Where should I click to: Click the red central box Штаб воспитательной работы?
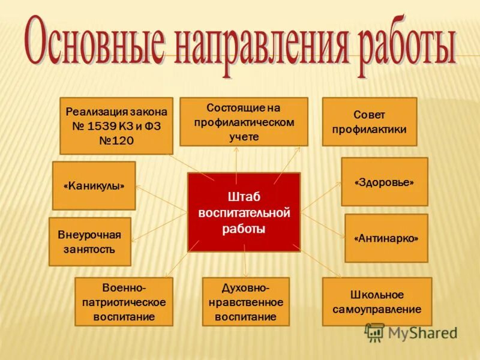coord(244,211)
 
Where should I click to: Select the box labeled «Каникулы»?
coord(94,185)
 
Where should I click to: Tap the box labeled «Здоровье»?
coord(385,182)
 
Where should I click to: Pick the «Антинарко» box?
coord(386,238)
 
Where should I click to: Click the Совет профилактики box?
coord(369,122)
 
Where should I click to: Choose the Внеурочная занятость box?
coord(89,241)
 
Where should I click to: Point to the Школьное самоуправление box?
coord(377,302)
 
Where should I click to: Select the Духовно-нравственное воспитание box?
coord(245,302)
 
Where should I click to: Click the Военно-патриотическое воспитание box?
coord(124,302)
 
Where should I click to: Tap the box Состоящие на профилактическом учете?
coord(244,122)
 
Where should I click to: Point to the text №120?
coord(116,140)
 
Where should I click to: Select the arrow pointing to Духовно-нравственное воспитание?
coord(245,264)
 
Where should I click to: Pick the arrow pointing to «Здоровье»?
coord(321,197)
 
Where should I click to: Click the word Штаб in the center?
coord(244,197)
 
